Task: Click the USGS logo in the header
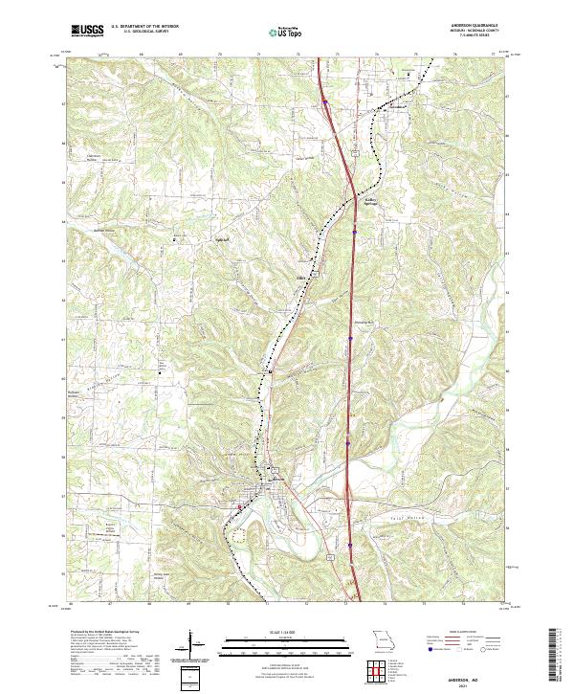87,32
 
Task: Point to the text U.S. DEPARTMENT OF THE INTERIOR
145,28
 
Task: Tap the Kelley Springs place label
375,201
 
